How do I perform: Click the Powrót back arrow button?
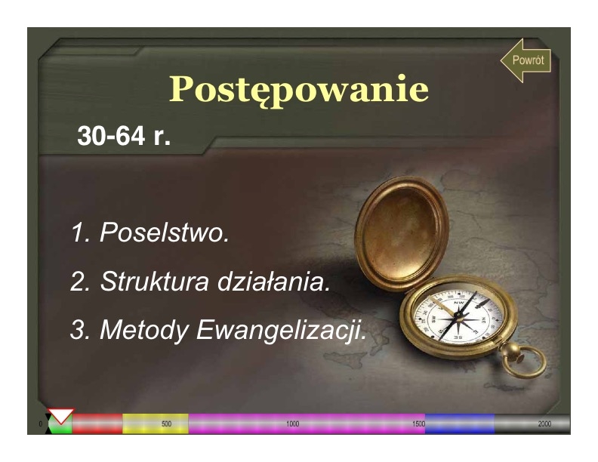526,60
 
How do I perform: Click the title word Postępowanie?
299,90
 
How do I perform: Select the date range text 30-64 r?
124,135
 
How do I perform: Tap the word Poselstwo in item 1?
165,233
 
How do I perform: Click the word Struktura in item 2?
155,282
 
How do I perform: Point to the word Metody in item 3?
144,330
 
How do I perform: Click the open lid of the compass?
402,233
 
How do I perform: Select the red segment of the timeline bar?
97,423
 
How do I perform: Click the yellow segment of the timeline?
156,423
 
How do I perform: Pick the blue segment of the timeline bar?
460,423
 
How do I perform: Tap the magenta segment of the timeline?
307,423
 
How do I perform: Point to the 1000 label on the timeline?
292,424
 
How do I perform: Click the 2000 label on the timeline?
544,424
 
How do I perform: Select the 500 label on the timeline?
166,424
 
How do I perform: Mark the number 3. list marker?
80,330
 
